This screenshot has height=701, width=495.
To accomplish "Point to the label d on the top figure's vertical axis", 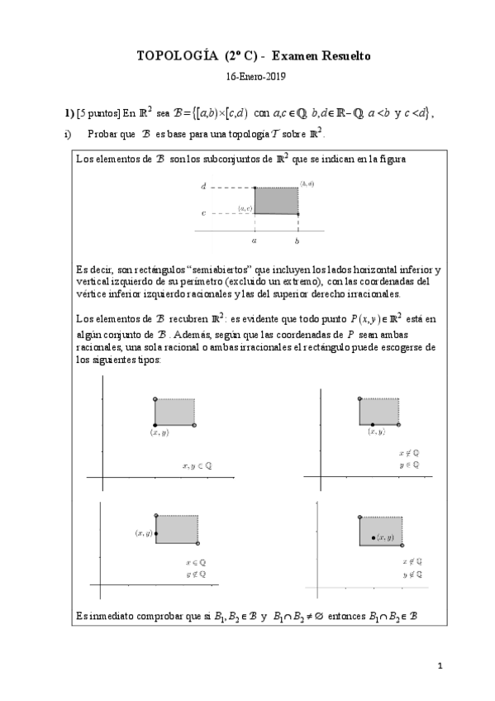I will [203, 188].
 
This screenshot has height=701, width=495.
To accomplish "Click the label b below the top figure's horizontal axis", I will [297, 241].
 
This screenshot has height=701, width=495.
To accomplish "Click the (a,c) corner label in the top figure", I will [245, 209].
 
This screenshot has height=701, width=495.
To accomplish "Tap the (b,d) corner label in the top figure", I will [307, 183].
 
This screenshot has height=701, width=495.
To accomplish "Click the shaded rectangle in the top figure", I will [275, 201].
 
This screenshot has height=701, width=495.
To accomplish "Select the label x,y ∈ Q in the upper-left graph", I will [197, 465].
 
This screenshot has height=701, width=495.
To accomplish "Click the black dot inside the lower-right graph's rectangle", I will [374, 537].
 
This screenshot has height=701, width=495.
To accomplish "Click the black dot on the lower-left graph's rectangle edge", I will [155, 535].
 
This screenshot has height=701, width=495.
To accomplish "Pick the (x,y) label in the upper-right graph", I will [376, 432].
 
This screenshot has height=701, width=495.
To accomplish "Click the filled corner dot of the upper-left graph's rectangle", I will [155, 424].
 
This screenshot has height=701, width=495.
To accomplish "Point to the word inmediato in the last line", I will [106, 615].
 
